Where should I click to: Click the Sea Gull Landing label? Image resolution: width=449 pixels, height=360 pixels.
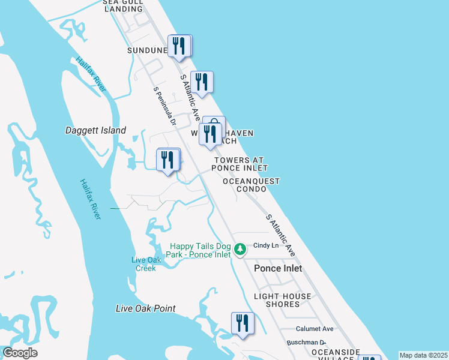coord(123,5)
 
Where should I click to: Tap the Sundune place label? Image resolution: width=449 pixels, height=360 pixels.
coord(146,50)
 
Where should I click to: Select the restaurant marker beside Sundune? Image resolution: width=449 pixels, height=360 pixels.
coord(179,46)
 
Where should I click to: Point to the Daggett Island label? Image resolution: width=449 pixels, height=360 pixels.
coord(95,130)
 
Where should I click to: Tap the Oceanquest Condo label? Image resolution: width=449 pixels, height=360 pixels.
coord(252,185)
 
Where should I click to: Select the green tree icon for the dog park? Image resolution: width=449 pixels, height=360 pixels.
coord(240,249)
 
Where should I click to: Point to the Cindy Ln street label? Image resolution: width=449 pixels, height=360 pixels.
coord(267,245)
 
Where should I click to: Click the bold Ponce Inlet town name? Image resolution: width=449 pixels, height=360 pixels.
coord(278,268)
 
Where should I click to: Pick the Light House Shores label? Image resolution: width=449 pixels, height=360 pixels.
coord(283,300)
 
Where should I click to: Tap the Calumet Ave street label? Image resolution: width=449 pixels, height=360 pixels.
coord(315,329)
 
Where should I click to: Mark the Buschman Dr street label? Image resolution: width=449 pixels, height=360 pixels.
coord(306,341)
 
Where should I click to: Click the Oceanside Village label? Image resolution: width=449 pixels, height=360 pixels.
coord(335,355)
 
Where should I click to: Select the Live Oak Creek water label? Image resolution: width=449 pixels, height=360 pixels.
coord(144,264)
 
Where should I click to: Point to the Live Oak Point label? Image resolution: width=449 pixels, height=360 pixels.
coord(146,308)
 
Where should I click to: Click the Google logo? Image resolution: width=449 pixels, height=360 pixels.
coord(20,353)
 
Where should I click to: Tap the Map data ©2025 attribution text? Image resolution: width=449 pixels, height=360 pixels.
coord(424,355)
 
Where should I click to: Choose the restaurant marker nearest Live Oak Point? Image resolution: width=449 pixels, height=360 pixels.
coord(243,323)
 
